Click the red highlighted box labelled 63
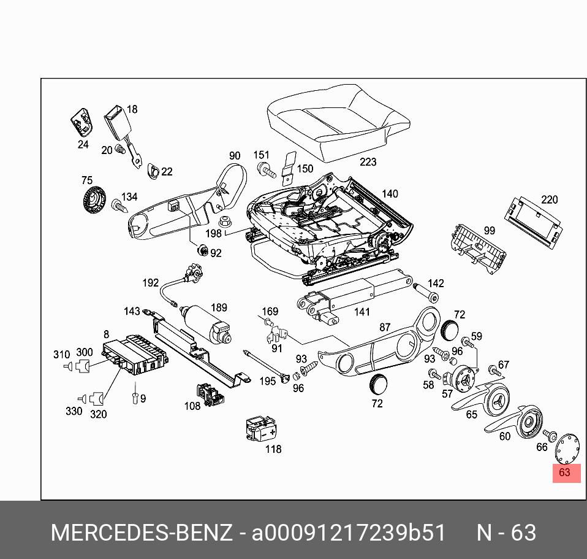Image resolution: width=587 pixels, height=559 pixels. pos(566,472)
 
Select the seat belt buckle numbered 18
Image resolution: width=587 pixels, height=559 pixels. pos(115,122)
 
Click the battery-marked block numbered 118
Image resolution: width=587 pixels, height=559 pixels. pos(260,428)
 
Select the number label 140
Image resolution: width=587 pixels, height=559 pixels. pos(390,194)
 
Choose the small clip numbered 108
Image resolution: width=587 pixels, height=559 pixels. pos(208,394)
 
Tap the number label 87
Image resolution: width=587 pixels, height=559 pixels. pos(385,327)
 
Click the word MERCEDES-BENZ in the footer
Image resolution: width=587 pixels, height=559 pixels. pos(141,533)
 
